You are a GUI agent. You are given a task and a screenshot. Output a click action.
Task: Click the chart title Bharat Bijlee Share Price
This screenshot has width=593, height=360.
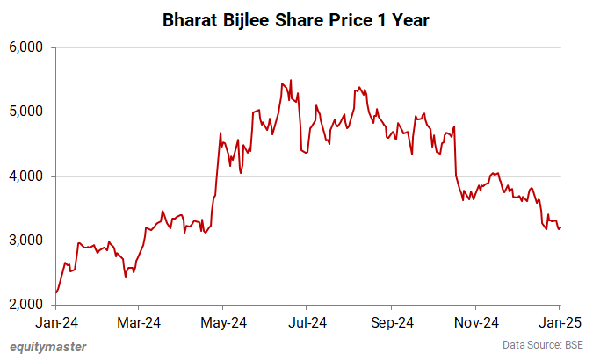296,20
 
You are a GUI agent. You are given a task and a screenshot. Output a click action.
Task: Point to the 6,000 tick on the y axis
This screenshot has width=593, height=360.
26,47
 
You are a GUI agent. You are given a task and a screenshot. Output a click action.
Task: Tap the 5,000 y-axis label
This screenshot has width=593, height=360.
26,112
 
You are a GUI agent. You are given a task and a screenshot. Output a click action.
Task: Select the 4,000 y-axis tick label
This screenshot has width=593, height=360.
26,176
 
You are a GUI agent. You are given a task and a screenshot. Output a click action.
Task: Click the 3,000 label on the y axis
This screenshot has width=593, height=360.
26,241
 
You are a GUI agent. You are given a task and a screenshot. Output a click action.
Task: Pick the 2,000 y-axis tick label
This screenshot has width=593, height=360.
26,306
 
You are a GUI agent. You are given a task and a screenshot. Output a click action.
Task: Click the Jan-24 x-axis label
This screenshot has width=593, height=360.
55,322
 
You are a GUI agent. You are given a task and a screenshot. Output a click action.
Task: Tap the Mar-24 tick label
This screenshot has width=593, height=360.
139,322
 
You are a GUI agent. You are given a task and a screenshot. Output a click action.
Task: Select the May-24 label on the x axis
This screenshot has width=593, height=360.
223,322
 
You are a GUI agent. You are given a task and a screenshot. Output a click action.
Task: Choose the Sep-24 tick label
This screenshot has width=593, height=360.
392,322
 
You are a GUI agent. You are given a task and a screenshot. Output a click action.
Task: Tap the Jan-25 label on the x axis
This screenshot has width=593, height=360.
560,322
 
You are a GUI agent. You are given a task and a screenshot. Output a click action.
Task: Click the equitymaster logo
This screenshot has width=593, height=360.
48,347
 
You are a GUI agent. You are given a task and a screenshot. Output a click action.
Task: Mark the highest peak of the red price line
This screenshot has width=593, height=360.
291,80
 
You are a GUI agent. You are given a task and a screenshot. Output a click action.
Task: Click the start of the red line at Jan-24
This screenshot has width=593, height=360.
56,292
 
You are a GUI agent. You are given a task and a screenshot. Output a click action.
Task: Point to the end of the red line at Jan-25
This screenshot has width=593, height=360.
561,227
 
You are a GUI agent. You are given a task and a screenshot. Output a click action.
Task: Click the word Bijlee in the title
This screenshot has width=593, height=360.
245,20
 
